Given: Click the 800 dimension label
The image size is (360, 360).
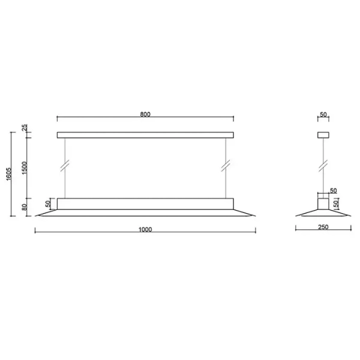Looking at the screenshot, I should pos(145,113).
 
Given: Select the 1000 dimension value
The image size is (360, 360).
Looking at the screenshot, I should pos(145,229).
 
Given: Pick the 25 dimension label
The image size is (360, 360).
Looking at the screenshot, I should pos(24,128).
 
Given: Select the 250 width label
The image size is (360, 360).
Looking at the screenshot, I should pos(323,229).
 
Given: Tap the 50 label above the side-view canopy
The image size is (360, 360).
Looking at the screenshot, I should pos(323,113).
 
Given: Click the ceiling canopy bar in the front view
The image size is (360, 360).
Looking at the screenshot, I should pos(145,135).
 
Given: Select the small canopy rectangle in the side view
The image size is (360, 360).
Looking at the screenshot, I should pos(323,135).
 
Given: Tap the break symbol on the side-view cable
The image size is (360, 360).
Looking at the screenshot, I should pos(323,164).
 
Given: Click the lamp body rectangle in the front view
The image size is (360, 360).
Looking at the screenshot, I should pos(145,203).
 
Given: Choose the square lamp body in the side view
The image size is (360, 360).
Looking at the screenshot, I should pos(323,203).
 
